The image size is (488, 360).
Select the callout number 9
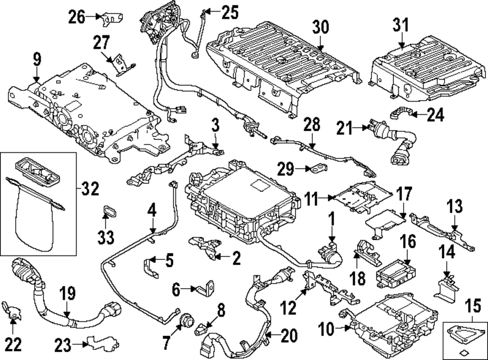(x=37, y=61)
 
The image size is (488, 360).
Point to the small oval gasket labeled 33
(x=107, y=213)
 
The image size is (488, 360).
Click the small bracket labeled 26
(x=112, y=18)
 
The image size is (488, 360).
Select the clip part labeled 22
(x=12, y=311)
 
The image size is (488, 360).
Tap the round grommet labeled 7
(x=186, y=320)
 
